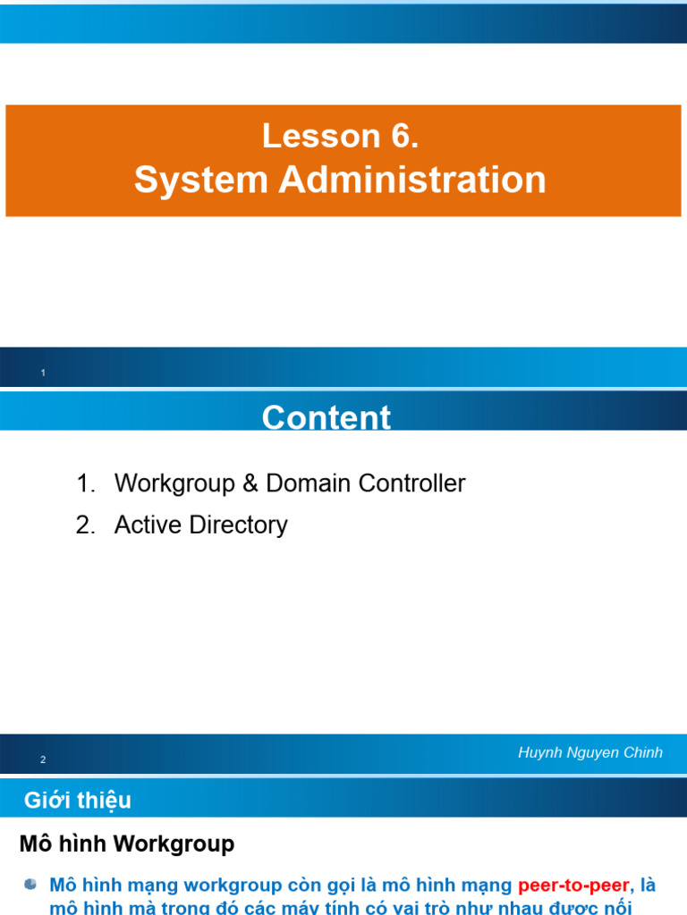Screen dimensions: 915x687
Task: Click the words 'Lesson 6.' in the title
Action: pyautogui.click(x=340, y=137)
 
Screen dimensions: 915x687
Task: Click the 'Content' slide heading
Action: pyautogui.click(x=327, y=417)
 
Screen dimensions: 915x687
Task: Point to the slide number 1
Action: pyautogui.click(x=43, y=373)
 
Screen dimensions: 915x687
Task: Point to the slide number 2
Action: pyautogui.click(x=43, y=760)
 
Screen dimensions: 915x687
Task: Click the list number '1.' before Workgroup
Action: pyautogui.click(x=86, y=484)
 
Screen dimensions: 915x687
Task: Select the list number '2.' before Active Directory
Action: pyautogui.click(x=86, y=525)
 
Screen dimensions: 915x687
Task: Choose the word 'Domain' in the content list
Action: pyautogui.click(x=309, y=484)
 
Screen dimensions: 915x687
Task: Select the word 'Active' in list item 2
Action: pyautogui.click(x=148, y=525)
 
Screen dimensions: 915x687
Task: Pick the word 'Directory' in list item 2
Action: pyautogui.click(x=238, y=525)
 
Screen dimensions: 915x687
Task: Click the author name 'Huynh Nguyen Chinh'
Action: pyautogui.click(x=590, y=752)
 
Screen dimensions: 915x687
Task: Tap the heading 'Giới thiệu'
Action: pyautogui.click(x=78, y=801)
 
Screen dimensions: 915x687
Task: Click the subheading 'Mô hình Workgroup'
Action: pyautogui.click(x=127, y=844)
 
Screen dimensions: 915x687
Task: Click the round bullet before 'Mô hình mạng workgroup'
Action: pyautogui.click(x=31, y=885)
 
